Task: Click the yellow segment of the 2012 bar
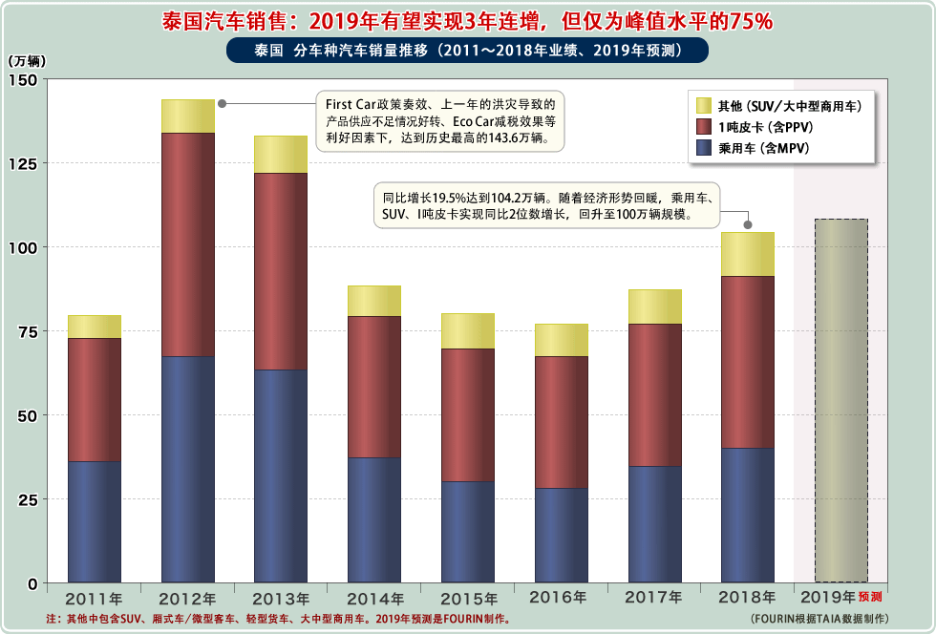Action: [x=188, y=116]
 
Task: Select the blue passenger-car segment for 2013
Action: [x=281, y=475]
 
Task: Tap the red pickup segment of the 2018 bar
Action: [x=747, y=362]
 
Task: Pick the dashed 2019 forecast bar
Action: [x=840, y=400]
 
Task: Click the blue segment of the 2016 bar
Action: [x=561, y=535]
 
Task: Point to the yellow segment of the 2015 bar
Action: [x=468, y=330]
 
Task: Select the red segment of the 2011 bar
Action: [x=95, y=399]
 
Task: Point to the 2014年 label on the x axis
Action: [x=374, y=599]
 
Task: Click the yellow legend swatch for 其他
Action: [x=705, y=106]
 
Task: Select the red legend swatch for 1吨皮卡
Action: [x=705, y=127]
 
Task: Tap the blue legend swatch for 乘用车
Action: [x=705, y=148]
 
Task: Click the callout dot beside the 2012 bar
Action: [x=223, y=103]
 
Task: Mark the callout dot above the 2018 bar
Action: [x=748, y=225]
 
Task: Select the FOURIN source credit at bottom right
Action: [x=819, y=619]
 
